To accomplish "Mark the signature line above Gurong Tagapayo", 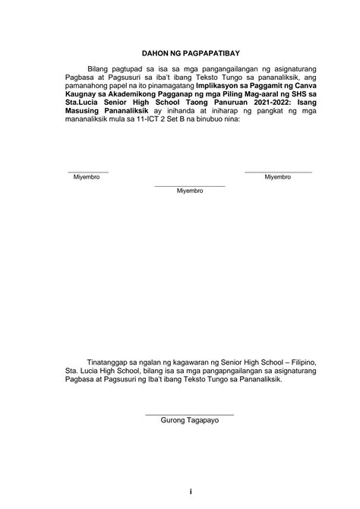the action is click(x=189, y=413).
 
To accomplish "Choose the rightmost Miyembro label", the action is click(x=278, y=178).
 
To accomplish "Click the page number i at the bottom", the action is click(x=190, y=492).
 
